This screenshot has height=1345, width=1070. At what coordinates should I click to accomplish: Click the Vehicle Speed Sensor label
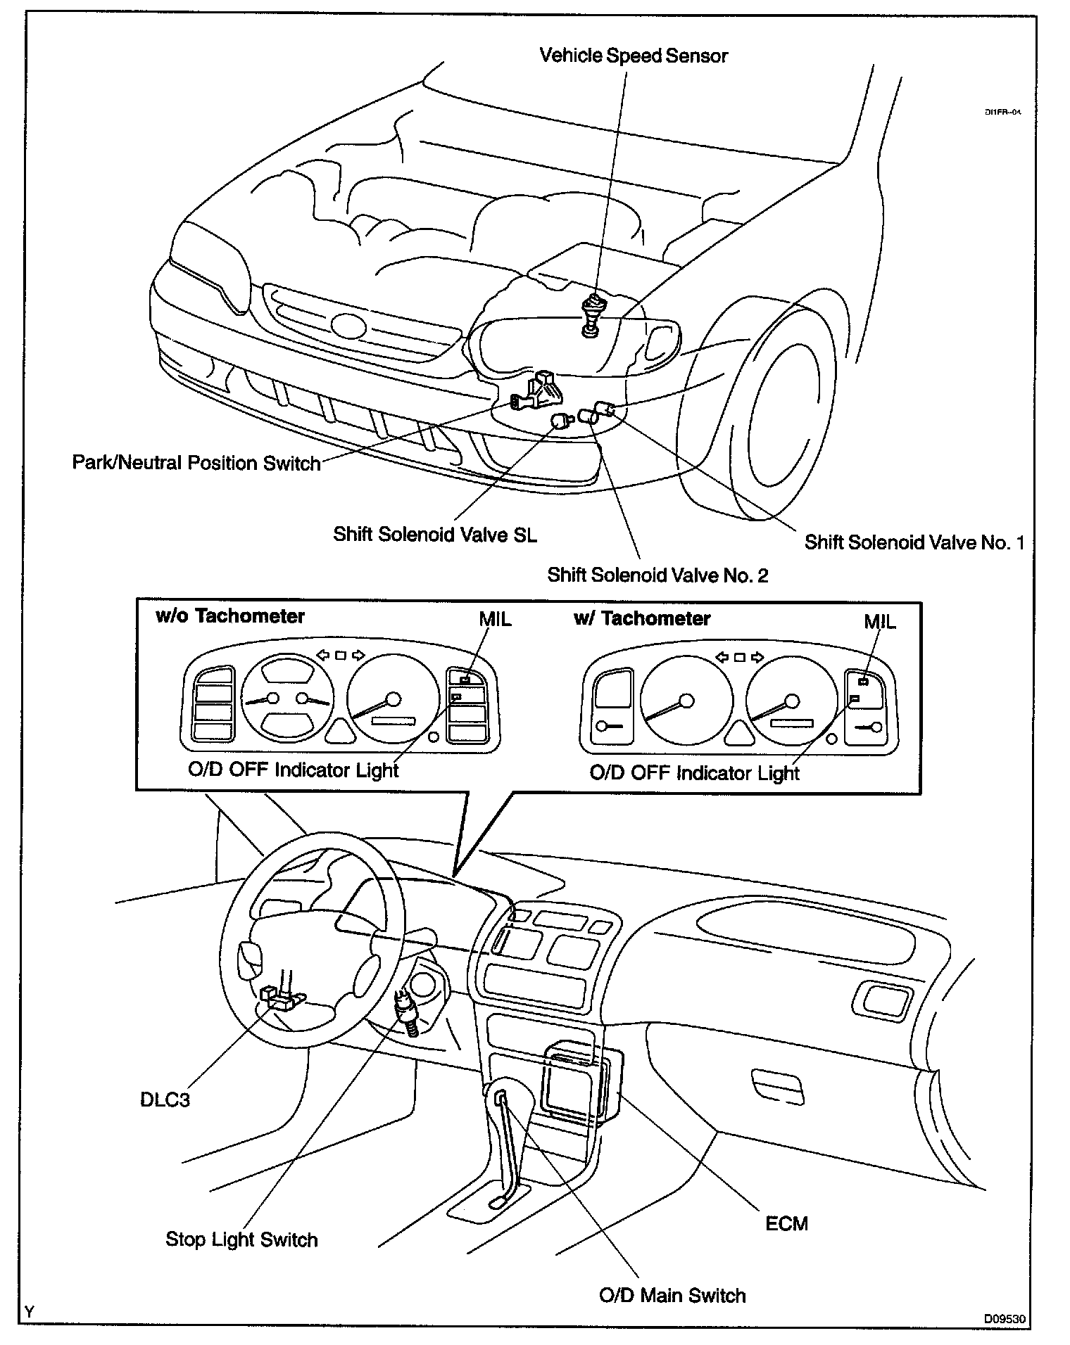pos(633,56)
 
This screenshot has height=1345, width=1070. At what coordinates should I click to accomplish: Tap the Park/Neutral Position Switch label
pos(196,463)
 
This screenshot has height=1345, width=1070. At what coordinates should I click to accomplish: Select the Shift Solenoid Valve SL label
pos(434,535)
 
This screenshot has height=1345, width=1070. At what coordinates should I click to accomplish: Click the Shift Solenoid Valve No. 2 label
pos(657,575)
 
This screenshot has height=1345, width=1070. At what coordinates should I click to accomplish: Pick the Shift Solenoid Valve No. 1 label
pos(914,542)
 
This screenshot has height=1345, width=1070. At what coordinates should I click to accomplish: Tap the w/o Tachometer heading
pos(229,616)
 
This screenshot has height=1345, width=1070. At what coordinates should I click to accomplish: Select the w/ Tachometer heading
pos(642,618)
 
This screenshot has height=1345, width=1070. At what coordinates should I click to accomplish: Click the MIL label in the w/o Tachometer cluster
pos(495,619)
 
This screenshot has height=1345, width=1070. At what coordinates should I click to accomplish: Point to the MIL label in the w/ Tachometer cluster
pos(880,622)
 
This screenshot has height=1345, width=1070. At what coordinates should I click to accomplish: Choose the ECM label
pos(786,1223)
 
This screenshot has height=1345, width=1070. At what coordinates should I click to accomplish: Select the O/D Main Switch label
pos(672,1295)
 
